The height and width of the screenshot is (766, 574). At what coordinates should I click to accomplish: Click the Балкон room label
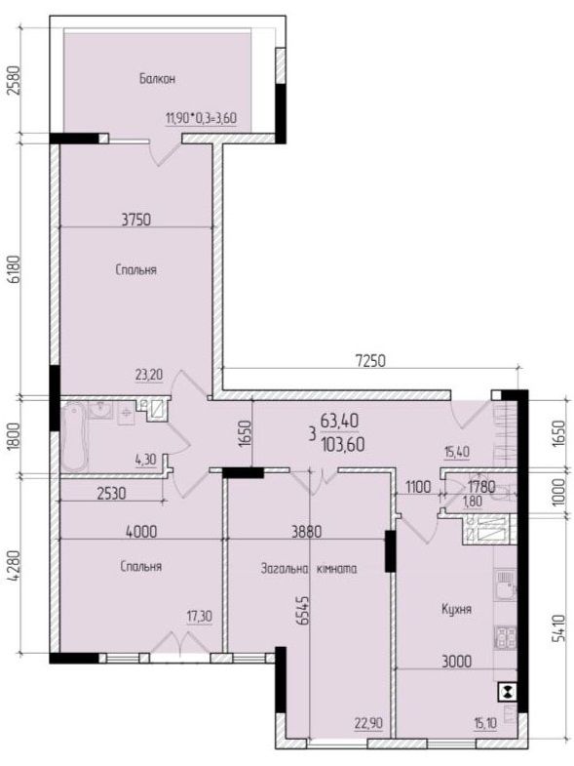pos(157,79)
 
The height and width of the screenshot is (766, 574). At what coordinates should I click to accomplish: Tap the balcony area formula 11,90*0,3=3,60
pos(201,118)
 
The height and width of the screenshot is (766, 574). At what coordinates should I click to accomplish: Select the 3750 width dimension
pos(136,220)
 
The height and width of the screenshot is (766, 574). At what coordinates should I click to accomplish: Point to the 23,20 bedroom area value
pos(149,375)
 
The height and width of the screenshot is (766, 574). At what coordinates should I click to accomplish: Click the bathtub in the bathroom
pos(74,437)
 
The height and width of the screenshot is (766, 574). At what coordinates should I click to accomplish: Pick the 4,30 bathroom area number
pos(145,461)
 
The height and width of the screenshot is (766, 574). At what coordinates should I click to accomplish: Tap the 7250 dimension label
pos(369,361)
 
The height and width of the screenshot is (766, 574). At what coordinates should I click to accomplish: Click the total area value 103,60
pos(343,445)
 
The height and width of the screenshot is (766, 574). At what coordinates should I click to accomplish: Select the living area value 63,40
pos(340,420)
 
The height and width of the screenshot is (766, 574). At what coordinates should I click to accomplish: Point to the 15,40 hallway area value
pos(457,452)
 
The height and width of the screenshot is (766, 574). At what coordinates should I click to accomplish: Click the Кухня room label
pos(456,609)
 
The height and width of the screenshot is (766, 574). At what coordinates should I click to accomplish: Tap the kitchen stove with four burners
pos(506,636)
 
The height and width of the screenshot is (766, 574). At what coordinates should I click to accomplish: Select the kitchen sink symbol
pos(506,584)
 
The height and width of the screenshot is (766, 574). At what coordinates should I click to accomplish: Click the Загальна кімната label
pos(309,569)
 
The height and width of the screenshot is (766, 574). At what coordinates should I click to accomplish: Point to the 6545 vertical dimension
pos(304,610)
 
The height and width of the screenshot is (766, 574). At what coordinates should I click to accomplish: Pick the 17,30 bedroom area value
pos(200,617)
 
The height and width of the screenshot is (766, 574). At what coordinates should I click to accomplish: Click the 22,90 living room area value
pos(369,723)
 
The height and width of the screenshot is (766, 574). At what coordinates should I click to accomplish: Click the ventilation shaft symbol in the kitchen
pos(508,692)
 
